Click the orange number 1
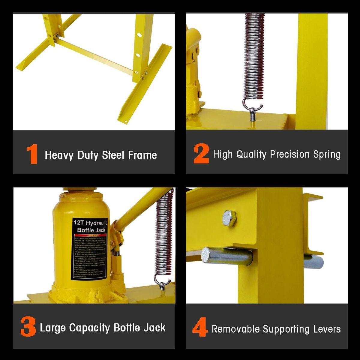32,155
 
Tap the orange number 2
201,154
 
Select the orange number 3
28,328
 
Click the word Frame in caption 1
142,155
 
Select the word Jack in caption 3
154,328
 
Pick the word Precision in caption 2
290,154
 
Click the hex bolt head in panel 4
229,218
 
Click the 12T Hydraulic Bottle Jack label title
91,226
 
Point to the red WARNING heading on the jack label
91,235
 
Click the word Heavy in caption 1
59,155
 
